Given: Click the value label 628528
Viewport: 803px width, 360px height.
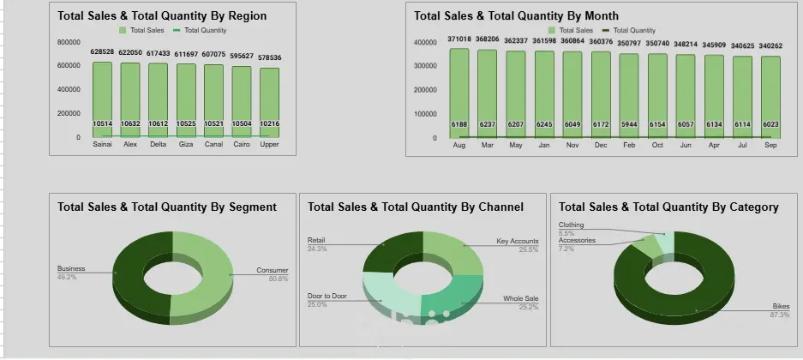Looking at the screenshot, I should (102, 52).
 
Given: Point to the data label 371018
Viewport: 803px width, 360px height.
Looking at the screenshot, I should (459, 39).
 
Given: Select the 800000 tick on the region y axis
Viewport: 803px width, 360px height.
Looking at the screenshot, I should (69, 42).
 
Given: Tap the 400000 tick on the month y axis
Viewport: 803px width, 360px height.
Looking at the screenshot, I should (426, 42).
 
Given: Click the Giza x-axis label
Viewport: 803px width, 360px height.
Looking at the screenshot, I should (186, 144).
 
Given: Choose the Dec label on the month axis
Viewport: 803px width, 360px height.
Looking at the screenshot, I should (601, 146).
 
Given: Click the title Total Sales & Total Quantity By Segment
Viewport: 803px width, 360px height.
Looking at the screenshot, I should (167, 207).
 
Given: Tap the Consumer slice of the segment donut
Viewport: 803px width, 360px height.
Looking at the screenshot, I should (206, 274).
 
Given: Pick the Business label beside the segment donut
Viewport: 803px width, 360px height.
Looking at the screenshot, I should (71, 268).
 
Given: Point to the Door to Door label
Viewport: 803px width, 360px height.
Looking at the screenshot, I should (327, 296).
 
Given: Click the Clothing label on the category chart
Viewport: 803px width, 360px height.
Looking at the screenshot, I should (571, 225).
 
